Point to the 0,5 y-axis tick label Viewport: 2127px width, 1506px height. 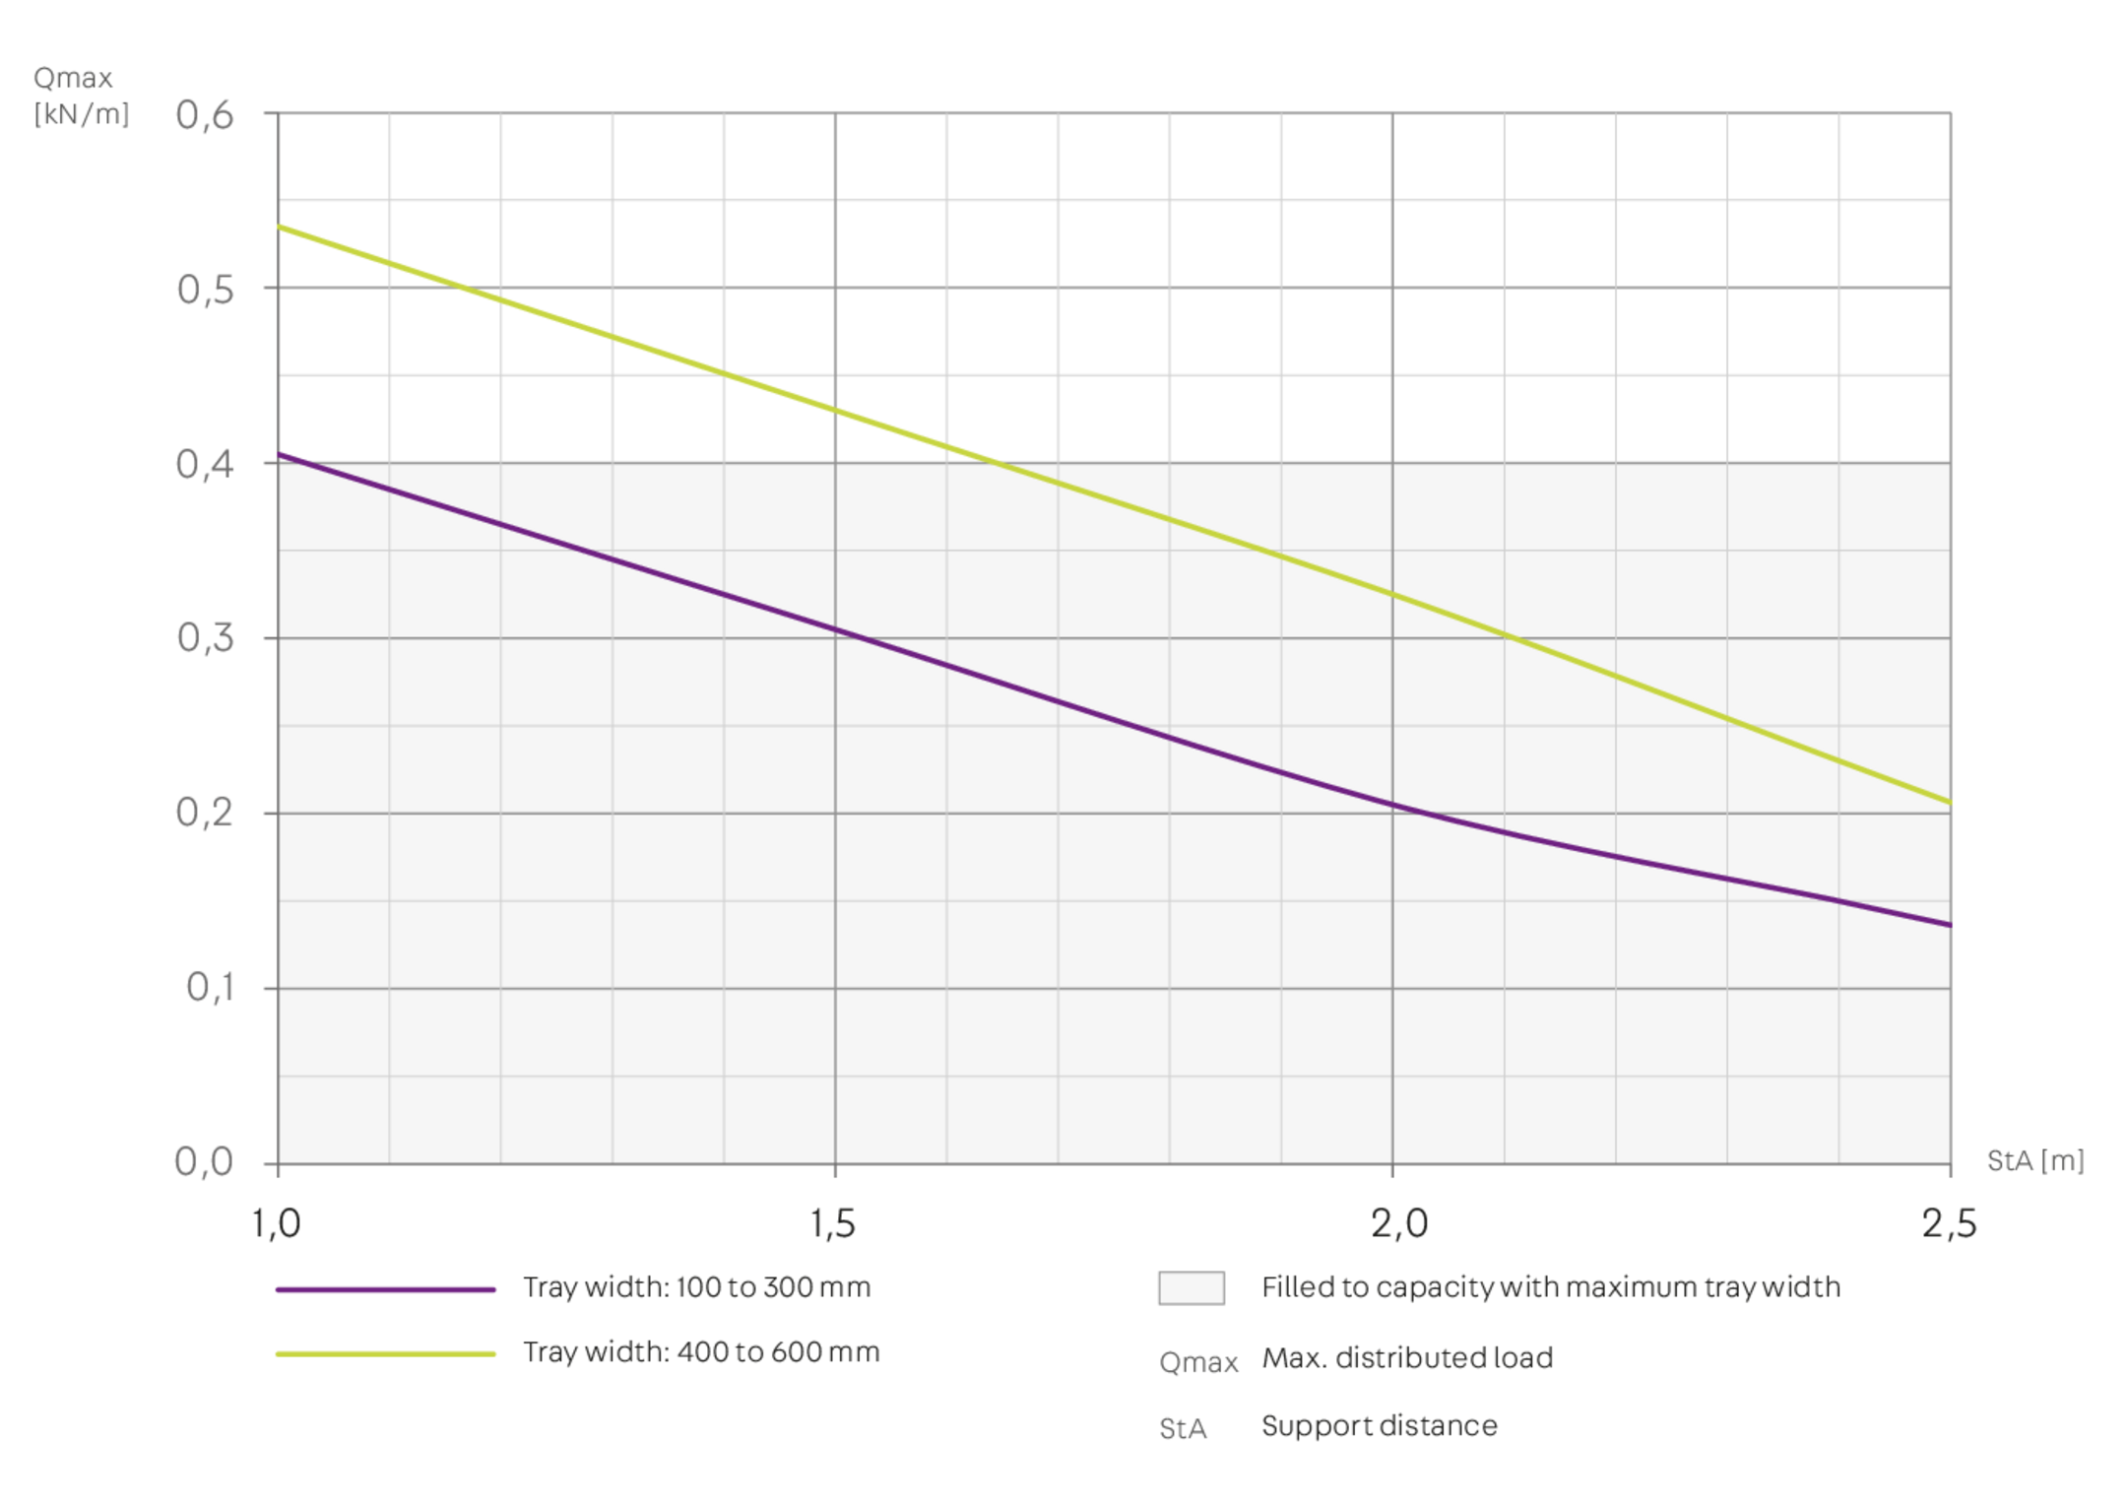tap(205, 290)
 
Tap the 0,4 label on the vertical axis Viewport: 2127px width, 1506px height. tap(205, 464)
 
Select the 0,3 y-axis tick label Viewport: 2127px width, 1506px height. tap(205, 638)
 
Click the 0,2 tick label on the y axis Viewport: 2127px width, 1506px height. tap(205, 814)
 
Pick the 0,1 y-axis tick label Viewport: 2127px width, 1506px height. tap(209, 988)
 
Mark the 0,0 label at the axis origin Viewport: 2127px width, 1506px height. tap(205, 1162)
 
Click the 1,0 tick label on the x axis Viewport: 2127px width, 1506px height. tap(276, 1224)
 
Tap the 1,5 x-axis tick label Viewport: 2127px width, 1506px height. tap(833, 1224)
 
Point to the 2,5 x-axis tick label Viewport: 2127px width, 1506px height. tap(1949, 1224)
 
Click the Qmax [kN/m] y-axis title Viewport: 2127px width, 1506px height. tap(81, 97)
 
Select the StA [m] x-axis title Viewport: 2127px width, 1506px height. tap(2034, 1161)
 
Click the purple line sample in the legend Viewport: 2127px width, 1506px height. tap(386, 1289)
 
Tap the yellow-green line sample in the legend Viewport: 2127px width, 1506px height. tap(386, 1354)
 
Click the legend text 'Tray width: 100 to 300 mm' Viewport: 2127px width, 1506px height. tap(697, 1288)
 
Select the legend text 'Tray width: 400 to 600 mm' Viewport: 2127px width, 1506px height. tap(701, 1352)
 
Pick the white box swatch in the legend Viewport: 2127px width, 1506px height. tap(1191, 1288)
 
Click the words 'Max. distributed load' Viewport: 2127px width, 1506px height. tap(1407, 1358)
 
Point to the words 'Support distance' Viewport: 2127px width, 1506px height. tap(1379, 1426)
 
